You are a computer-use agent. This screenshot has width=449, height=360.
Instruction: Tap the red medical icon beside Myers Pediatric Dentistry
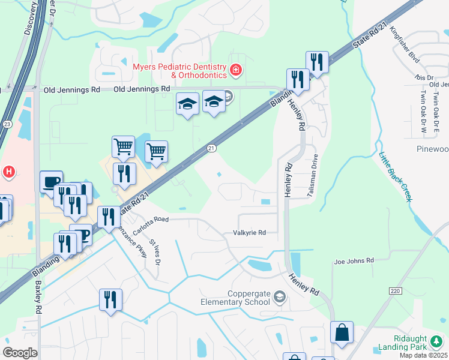click(x=236, y=71)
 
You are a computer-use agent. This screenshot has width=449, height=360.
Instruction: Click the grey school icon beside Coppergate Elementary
click(x=279, y=296)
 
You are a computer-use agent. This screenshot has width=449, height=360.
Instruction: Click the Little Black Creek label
click(x=395, y=175)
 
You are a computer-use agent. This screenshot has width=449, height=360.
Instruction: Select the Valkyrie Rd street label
click(x=249, y=232)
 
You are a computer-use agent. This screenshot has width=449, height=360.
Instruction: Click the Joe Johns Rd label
click(x=354, y=260)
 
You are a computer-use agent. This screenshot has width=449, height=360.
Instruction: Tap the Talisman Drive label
click(x=314, y=172)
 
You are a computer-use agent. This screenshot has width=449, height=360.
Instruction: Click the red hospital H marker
click(x=8, y=172)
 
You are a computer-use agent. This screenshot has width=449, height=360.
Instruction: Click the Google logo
click(x=20, y=353)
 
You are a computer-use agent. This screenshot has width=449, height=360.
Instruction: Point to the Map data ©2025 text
click(x=424, y=355)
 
